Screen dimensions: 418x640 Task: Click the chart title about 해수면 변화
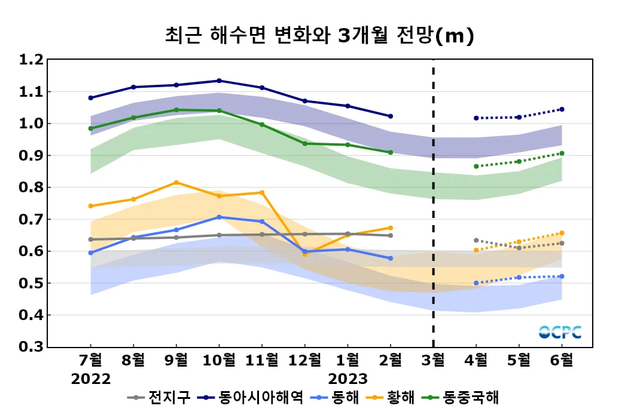[319, 36]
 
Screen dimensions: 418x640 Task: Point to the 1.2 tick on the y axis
[31, 60]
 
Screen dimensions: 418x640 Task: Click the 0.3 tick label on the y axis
[31, 347]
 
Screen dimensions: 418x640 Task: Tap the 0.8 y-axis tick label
[31, 188]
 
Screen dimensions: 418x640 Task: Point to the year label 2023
[348, 379]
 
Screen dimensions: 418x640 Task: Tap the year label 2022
[91, 379]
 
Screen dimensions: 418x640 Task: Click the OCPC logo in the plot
[560, 332]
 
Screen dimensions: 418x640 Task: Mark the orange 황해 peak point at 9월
[176, 182]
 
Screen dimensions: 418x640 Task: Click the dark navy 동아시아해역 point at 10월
[219, 81]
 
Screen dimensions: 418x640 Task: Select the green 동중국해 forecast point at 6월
[562, 153]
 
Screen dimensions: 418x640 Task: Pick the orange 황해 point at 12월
[304, 254]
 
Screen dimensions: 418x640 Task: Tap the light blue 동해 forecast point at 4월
[476, 283]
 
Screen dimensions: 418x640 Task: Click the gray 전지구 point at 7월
[91, 239]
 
